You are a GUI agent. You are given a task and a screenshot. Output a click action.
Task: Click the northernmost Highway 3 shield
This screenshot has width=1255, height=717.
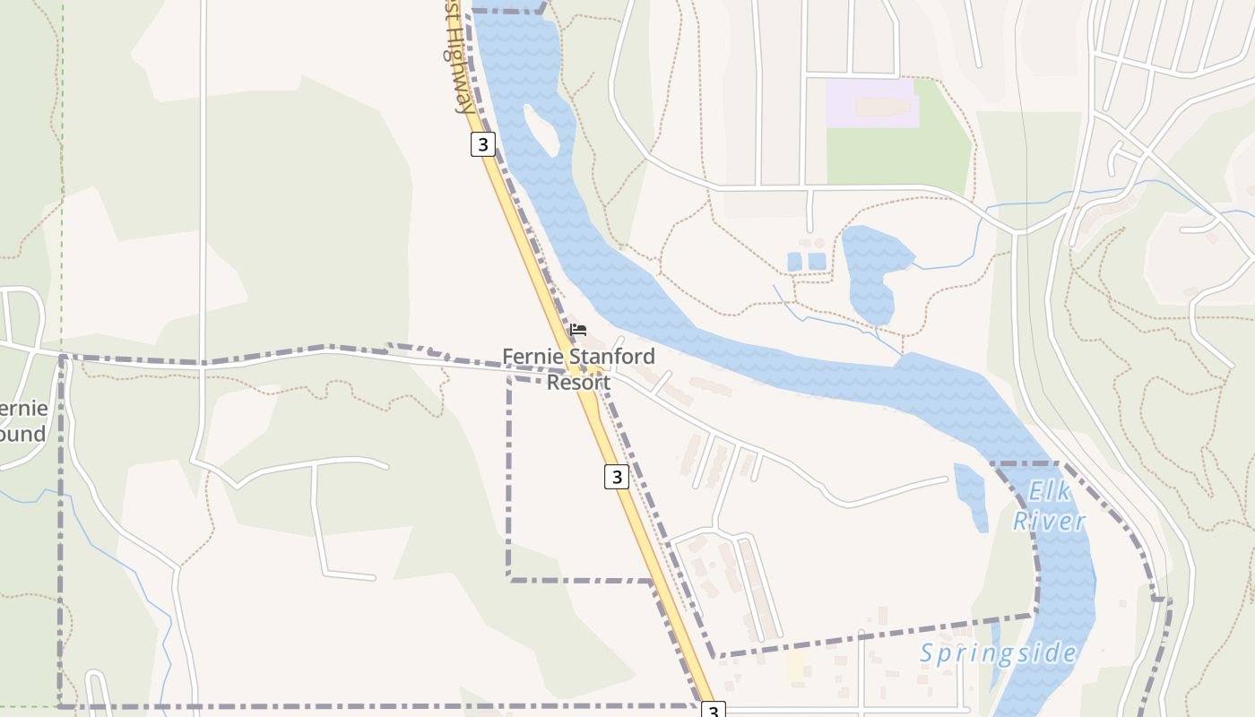coord(483,144)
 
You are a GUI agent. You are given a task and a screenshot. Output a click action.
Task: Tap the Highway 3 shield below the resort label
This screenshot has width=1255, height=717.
coord(616,477)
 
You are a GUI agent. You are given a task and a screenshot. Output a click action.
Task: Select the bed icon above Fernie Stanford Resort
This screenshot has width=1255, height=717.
coord(578,330)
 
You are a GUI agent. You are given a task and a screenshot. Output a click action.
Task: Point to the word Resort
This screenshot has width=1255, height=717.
coord(578,383)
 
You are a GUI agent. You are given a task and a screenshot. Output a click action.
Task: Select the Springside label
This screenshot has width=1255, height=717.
coord(998,653)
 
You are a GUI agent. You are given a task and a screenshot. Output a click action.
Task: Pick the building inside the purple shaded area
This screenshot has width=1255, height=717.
coord(883,107)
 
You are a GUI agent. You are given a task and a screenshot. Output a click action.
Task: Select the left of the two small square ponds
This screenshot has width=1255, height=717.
coord(794,261)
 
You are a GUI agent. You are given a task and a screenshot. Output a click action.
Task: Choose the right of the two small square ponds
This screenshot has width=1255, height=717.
coord(816,261)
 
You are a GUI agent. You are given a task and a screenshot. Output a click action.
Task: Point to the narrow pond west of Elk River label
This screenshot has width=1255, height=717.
coord(972,496)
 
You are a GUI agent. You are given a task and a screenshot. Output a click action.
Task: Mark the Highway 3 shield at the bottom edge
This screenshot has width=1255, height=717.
coord(713,710)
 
